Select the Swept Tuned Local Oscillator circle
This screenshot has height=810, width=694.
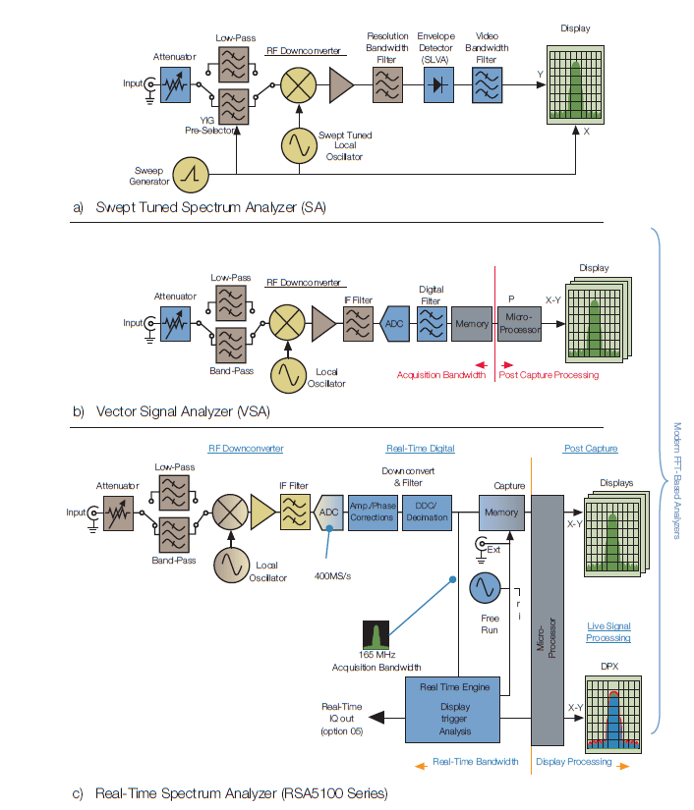296,145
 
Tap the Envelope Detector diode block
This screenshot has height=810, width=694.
435,85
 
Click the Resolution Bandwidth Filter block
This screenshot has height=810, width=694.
388,85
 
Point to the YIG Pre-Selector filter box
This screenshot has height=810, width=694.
232,104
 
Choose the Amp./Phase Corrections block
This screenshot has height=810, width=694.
372,511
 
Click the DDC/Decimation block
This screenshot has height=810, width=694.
426,511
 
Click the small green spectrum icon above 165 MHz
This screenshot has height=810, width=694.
377,634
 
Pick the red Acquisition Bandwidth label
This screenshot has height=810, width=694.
441,374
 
